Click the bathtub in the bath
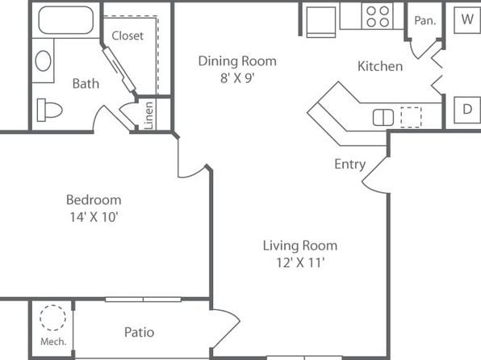66,20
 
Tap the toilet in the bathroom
50,110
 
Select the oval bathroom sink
43,61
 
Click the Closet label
128,36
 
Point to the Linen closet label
148,115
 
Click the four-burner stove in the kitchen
378,16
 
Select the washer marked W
467,19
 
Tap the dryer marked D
467,110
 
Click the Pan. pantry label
425,20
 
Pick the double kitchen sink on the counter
383,118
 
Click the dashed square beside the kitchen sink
411,117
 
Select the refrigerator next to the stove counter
321,21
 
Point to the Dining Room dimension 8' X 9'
237,78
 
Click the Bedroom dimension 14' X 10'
94,217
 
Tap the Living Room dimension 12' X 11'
300,262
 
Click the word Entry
350,164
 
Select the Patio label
140,332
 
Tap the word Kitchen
380,66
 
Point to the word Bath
86,83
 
